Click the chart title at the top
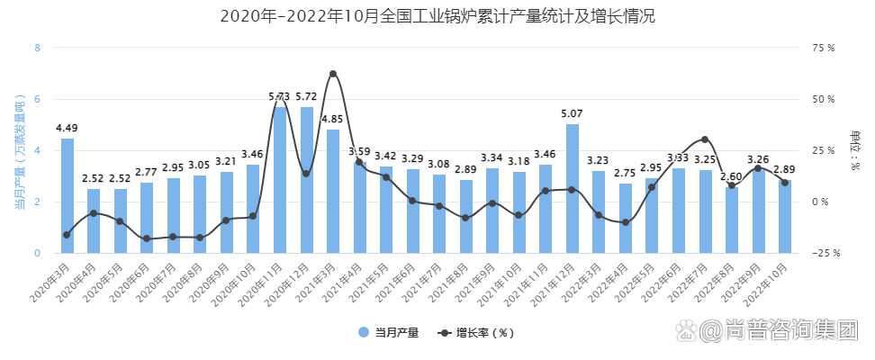pos(437,16)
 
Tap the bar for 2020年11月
pos(280,180)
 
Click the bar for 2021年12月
pos(573,189)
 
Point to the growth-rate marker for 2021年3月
pos(333,74)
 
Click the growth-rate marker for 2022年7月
pos(705,139)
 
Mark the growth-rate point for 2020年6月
pos(147,238)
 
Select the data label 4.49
pos(68,128)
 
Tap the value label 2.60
pos(732,176)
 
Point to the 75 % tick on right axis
pos(824,48)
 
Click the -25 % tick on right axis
pos(824,254)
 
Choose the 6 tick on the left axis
pos(37,99)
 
